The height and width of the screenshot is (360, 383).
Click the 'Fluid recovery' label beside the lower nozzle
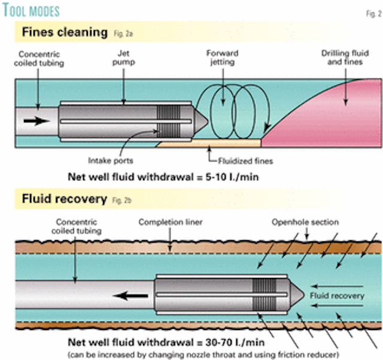point(336,295)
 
